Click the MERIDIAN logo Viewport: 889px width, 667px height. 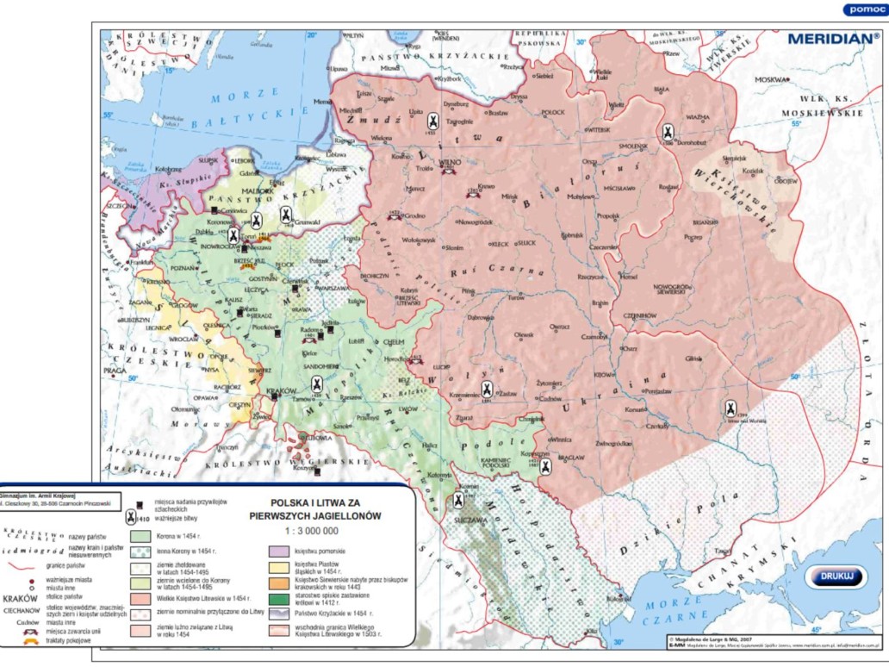point(832,39)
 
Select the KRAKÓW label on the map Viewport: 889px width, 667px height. point(282,391)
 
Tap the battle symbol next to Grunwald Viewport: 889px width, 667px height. point(286,215)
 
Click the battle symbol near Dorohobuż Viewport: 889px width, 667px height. point(668,132)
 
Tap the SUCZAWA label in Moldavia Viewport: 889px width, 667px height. point(466,520)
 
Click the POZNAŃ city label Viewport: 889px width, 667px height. point(184,268)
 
